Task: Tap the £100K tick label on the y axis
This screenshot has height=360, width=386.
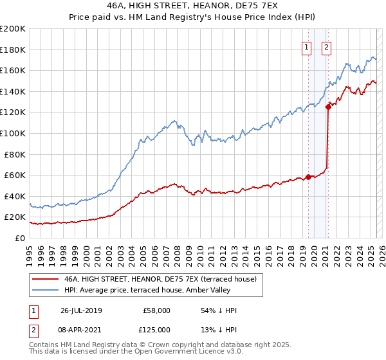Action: point(13,133)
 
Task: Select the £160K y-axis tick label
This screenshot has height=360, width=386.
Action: point(13,70)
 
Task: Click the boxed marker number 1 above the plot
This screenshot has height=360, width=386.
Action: point(306,47)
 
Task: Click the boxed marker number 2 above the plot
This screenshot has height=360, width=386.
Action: point(326,47)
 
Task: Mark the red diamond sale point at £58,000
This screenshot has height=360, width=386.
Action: point(308,177)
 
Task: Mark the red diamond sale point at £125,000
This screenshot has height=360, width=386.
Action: point(328,107)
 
